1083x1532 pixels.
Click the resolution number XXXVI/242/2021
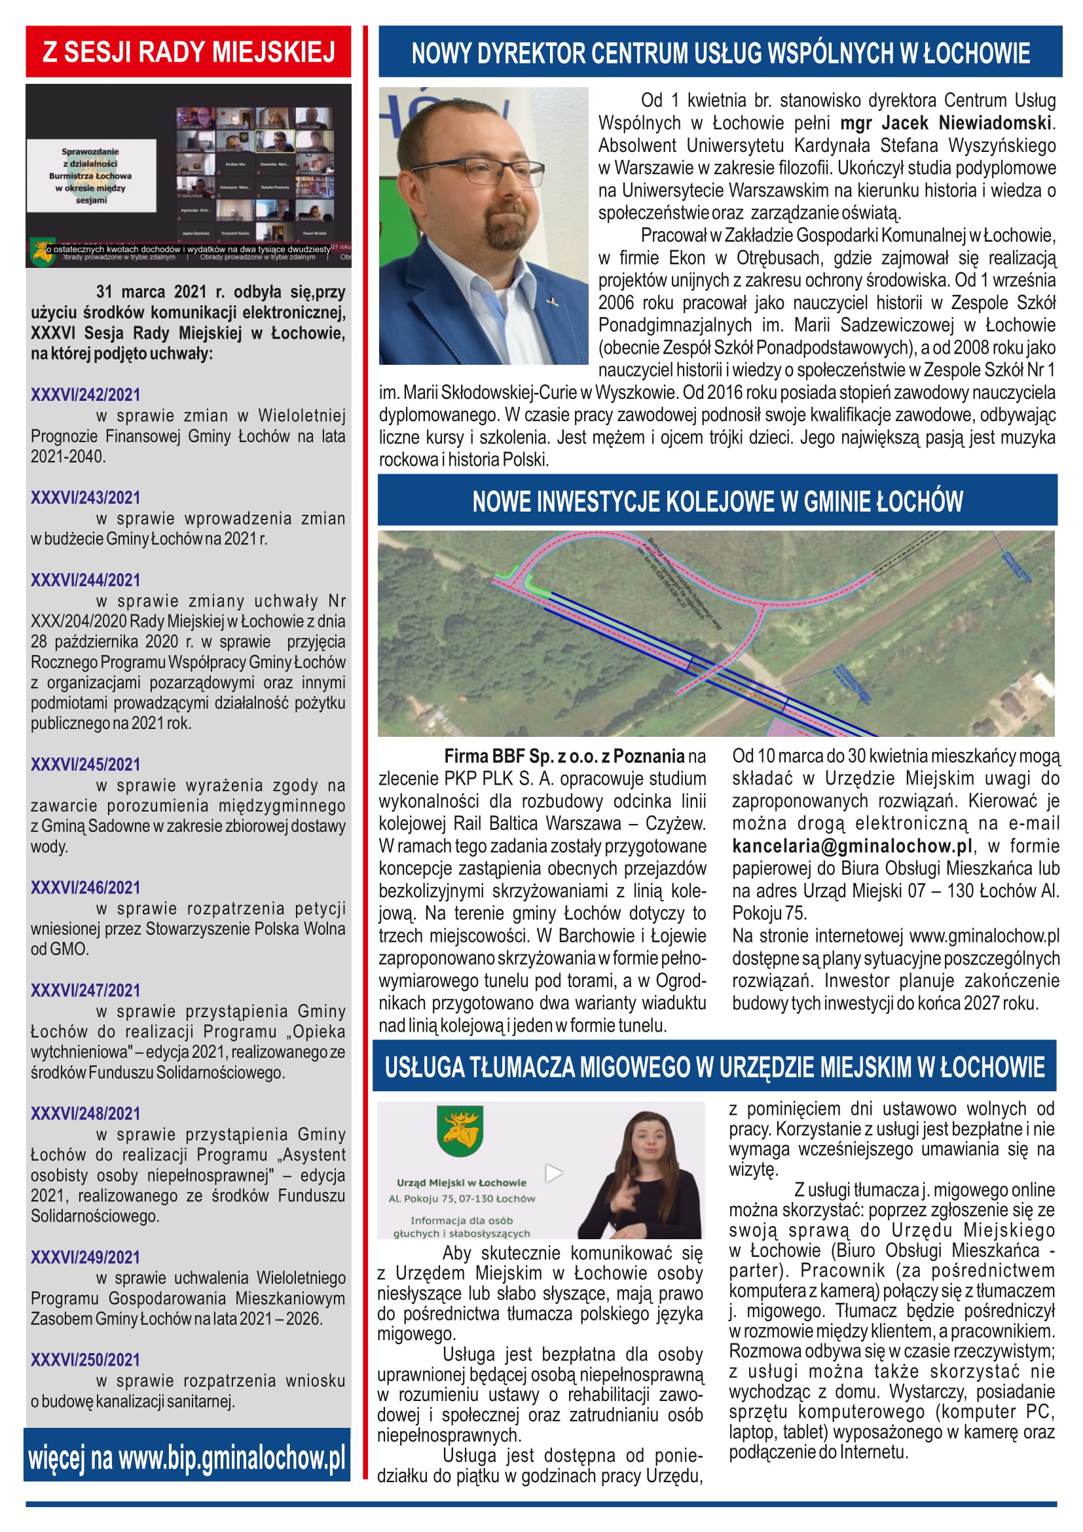click(x=85, y=394)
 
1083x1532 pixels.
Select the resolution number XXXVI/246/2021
click(x=85, y=887)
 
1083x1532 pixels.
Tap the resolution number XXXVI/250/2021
click(x=85, y=1360)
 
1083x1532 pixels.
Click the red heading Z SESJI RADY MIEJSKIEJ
click(x=189, y=52)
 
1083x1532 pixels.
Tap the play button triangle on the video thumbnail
click(x=554, y=1172)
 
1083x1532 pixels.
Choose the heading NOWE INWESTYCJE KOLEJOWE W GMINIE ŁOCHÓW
click(x=718, y=501)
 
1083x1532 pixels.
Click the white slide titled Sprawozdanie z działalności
click(x=92, y=176)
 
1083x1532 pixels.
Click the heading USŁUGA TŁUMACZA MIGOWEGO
click(x=714, y=1067)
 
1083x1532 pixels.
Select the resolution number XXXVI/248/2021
click(x=85, y=1113)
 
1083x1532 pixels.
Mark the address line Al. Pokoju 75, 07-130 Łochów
click(x=462, y=1199)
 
